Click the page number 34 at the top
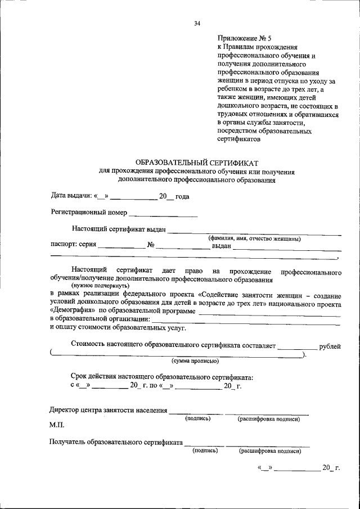click(x=197, y=23)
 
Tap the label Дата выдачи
click(x=71, y=196)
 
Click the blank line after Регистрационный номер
click(x=163, y=214)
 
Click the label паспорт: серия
click(x=73, y=245)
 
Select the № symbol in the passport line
click(x=151, y=245)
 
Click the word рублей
click(x=330, y=346)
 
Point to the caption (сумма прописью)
click(x=195, y=361)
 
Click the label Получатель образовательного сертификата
click(x=116, y=443)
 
